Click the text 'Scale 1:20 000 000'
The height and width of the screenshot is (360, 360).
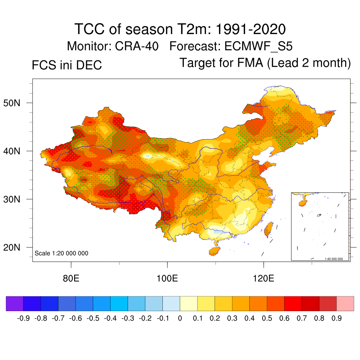(x=62, y=253)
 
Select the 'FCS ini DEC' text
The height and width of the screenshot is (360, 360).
(x=67, y=65)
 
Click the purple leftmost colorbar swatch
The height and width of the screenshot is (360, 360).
(x=15, y=303)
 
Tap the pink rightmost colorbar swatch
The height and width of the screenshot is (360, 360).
(x=345, y=303)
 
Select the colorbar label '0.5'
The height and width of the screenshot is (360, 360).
(x=267, y=319)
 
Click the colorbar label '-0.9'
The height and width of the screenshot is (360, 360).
(x=23, y=319)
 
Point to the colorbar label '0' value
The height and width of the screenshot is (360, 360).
(x=180, y=319)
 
